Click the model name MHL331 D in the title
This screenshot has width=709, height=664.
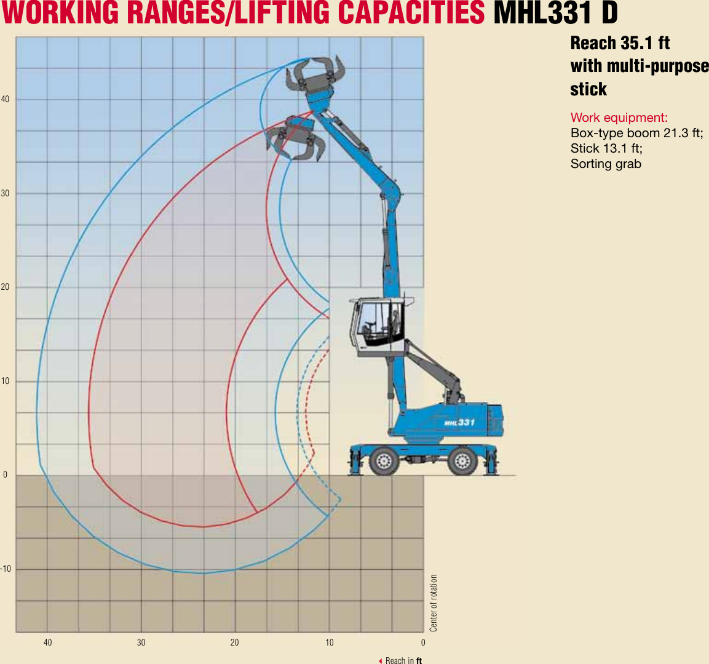tap(555, 13)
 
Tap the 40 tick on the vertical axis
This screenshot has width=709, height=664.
tap(5, 99)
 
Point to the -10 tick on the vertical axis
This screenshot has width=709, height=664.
tap(5, 569)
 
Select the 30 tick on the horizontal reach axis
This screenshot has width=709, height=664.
tap(141, 642)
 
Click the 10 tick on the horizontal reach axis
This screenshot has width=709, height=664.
tap(330, 642)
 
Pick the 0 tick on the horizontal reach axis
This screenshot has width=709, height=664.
tap(423, 642)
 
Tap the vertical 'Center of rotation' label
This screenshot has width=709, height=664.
tap(434, 603)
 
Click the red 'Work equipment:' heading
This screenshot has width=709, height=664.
tap(619, 118)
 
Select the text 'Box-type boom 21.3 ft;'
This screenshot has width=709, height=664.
tap(636, 133)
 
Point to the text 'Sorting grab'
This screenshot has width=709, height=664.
tap(606, 164)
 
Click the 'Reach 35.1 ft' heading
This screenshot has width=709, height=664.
tap(620, 43)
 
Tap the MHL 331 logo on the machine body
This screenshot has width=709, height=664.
tap(459, 422)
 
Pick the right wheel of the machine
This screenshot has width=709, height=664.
tap(463, 460)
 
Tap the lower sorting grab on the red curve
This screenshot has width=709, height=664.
tap(296, 138)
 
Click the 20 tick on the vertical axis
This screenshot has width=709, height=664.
tap(5, 287)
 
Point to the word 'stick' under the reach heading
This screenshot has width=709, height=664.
tap(588, 89)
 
